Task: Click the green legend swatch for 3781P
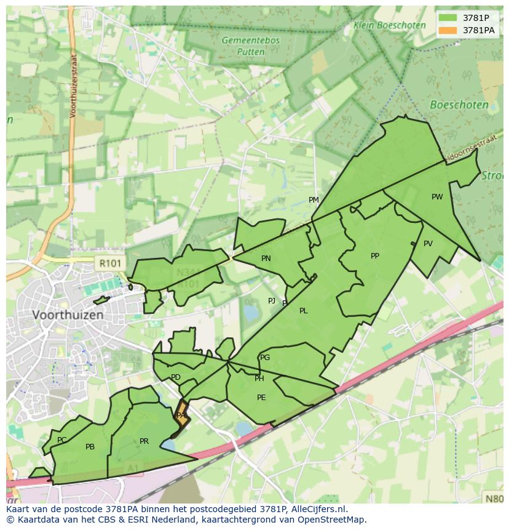[448, 18]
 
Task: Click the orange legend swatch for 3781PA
[448, 30]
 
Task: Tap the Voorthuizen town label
[68, 315]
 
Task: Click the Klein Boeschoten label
[389, 25]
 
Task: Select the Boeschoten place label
[459, 105]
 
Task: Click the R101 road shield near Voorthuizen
[111, 263]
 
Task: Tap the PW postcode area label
[437, 197]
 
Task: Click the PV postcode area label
[428, 243]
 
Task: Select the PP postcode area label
[375, 256]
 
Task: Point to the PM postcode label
[314, 199]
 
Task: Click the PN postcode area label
[266, 259]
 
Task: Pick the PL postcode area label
[303, 311]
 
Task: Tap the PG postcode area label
[265, 358]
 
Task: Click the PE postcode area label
[261, 398]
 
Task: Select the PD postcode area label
[176, 377]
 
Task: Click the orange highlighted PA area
[181, 414]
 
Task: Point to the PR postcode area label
[144, 441]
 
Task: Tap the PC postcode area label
[61, 440]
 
